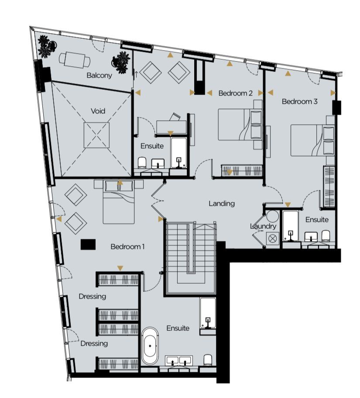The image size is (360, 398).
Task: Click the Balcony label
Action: pyautogui.click(x=99, y=75)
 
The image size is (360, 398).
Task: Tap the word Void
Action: pyautogui.click(x=98, y=111)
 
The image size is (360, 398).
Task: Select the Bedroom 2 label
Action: pyautogui.click(x=236, y=93)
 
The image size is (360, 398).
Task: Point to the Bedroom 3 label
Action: pyautogui.click(x=299, y=102)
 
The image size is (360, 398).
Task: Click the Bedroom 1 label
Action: pyautogui.click(x=127, y=246)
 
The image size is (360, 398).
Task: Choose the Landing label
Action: pyautogui.click(x=222, y=204)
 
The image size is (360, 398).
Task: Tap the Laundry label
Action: pyautogui.click(x=263, y=226)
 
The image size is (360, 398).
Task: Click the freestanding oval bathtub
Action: pyautogui.click(x=150, y=346)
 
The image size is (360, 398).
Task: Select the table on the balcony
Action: pyautogui.click(x=75, y=60)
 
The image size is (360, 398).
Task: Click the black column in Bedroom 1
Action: pyautogui.click(x=88, y=245)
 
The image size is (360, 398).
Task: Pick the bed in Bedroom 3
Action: pyautogui.click(x=313, y=140)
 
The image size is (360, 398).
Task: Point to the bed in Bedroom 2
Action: pyautogui.click(x=240, y=124)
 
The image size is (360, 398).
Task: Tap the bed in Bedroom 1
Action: pyautogui.click(x=118, y=202)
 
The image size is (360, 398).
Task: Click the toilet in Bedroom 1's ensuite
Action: pyautogui.click(x=208, y=360)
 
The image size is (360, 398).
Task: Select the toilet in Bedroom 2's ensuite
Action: pyautogui.click(x=142, y=163)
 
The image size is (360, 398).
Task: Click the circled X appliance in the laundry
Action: pyautogui.click(x=273, y=238)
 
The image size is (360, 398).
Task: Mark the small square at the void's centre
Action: pyautogui.click(x=96, y=135)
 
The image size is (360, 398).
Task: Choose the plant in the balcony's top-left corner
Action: pyautogui.click(x=47, y=46)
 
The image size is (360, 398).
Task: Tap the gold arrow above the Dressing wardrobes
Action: pyautogui.click(x=120, y=268)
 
